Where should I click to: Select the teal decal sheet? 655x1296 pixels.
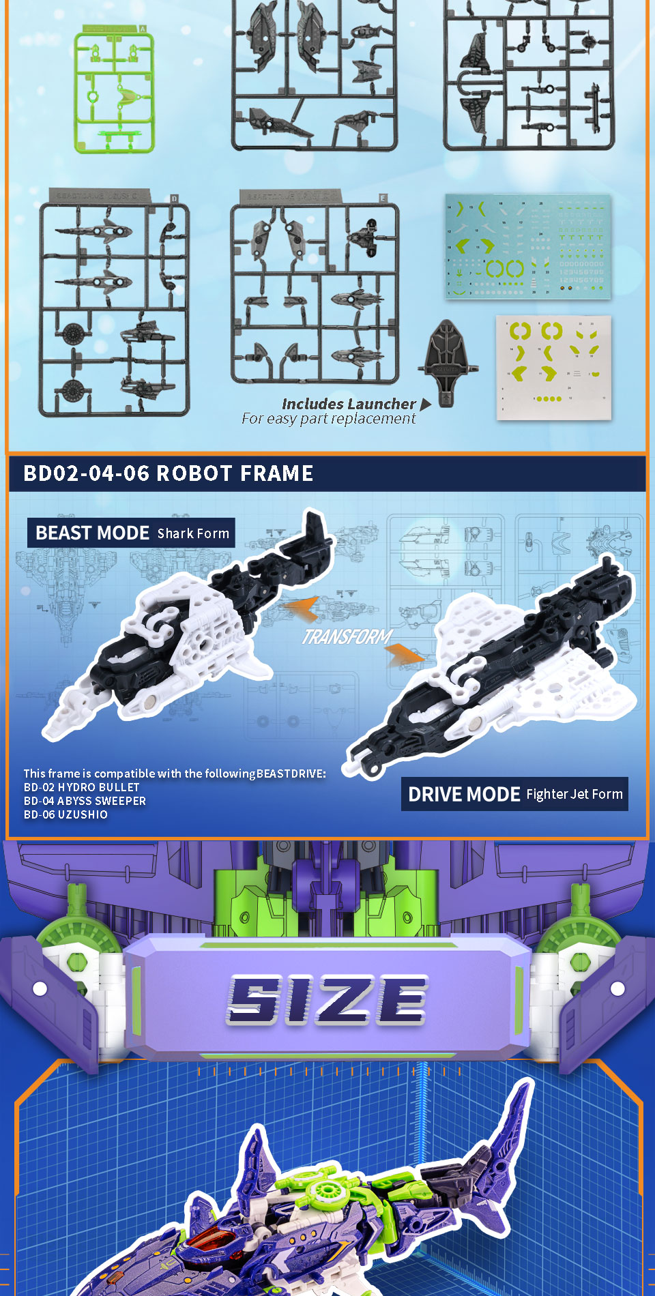pyautogui.click(x=528, y=247)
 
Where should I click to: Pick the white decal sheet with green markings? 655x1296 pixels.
pyautogui.click(x=553, y=367)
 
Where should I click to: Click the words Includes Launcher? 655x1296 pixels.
pyautogui.click(x=349, y=404)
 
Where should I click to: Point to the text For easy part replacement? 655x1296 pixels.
pyautogui.click(x=328, y=419)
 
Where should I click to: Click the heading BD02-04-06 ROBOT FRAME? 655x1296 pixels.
pyautogui.click(x=168, y=473)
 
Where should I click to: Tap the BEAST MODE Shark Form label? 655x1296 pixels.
pyautogui.click(x=132, y=533)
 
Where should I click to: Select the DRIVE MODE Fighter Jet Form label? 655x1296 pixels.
pyautogui.click(x=514, y=794)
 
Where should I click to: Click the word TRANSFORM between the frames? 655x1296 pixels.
pyautogui.click(x=347, y=637)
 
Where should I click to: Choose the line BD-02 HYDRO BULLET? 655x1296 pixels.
pyautogui.click(x=81, y=787)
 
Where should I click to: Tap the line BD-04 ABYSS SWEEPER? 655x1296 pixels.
pyautogui.click(x=85, y=801)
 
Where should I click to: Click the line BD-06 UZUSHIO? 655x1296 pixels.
pyautogui.click(x=65, y=814)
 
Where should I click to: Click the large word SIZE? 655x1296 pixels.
pyautogui.click(x=327, y=1000)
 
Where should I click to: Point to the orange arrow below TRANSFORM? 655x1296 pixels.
pyautogui.click(x=405, y=656)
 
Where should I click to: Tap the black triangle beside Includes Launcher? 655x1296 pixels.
pyautogui.click(x=426, y=404)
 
